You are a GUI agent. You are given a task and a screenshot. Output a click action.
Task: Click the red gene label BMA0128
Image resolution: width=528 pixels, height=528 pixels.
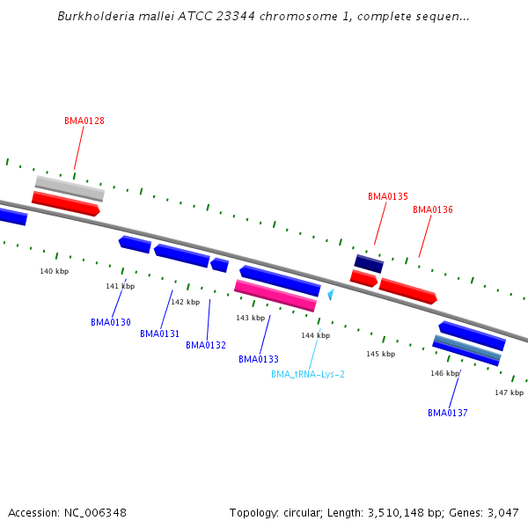point(84,121)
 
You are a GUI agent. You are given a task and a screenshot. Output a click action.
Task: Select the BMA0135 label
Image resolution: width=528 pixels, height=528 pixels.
point(388,196)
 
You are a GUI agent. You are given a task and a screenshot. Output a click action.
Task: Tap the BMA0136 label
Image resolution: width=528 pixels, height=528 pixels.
point(433,209)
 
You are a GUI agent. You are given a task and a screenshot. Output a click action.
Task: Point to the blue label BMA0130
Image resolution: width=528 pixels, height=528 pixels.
point(111,322)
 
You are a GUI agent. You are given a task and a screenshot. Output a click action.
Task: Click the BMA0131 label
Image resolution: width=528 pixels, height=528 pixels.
point(159,334)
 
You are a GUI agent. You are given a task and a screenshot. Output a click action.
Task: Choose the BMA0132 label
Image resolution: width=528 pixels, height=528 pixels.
point(206,345)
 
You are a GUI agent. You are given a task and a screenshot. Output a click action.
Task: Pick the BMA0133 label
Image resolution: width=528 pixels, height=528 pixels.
point(259,359)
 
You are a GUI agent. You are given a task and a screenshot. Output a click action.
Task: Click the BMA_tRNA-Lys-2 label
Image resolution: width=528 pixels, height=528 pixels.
point(308,374)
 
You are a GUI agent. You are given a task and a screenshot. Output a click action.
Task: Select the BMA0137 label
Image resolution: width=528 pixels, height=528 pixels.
point(448,413)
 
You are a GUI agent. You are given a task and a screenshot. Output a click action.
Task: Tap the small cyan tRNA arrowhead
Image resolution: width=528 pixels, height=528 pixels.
point(331,295)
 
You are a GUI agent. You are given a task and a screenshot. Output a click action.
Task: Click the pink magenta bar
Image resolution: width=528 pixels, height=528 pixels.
point(275,296)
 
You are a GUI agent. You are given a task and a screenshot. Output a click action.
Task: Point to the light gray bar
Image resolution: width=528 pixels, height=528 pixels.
point(70,188)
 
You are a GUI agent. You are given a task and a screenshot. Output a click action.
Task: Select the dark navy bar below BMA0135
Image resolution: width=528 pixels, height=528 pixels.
point(369,263)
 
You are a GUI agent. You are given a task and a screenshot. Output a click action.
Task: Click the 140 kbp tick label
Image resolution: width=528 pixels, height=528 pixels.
point(54,271)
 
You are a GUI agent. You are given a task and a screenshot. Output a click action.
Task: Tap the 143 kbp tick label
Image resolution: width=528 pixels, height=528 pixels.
point(250,318)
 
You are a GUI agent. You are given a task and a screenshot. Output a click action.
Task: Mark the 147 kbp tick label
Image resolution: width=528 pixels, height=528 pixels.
point(509,392)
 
